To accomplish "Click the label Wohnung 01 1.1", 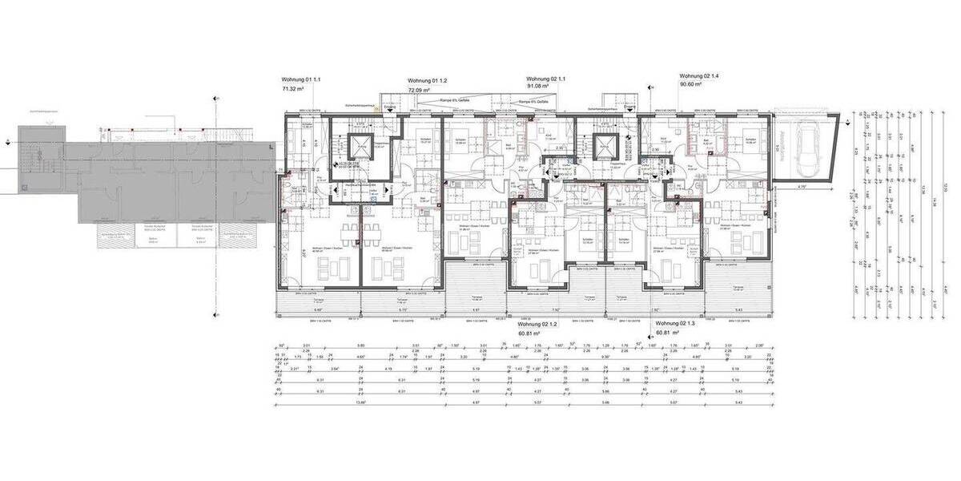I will (x=300, y=80).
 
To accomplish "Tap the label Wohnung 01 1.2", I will (x=427, y=81).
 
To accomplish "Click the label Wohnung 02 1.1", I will (x=546, y=79).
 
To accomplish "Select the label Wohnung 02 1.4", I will (x=699, y=75).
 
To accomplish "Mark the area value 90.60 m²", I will (x=690, y=84).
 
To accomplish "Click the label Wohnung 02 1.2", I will (x=537, y=324).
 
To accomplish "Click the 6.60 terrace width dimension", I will (x=317, y=309).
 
